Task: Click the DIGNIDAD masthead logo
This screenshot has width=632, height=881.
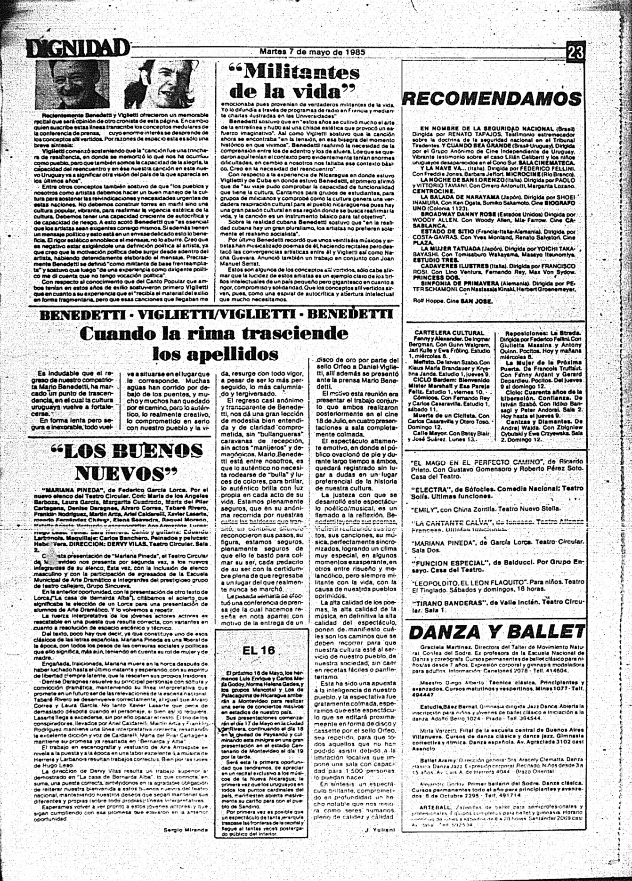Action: pos(78,48)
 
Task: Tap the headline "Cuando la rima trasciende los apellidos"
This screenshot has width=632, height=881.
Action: pos(214,343)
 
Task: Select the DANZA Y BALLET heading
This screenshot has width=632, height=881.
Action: pos(497,632)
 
